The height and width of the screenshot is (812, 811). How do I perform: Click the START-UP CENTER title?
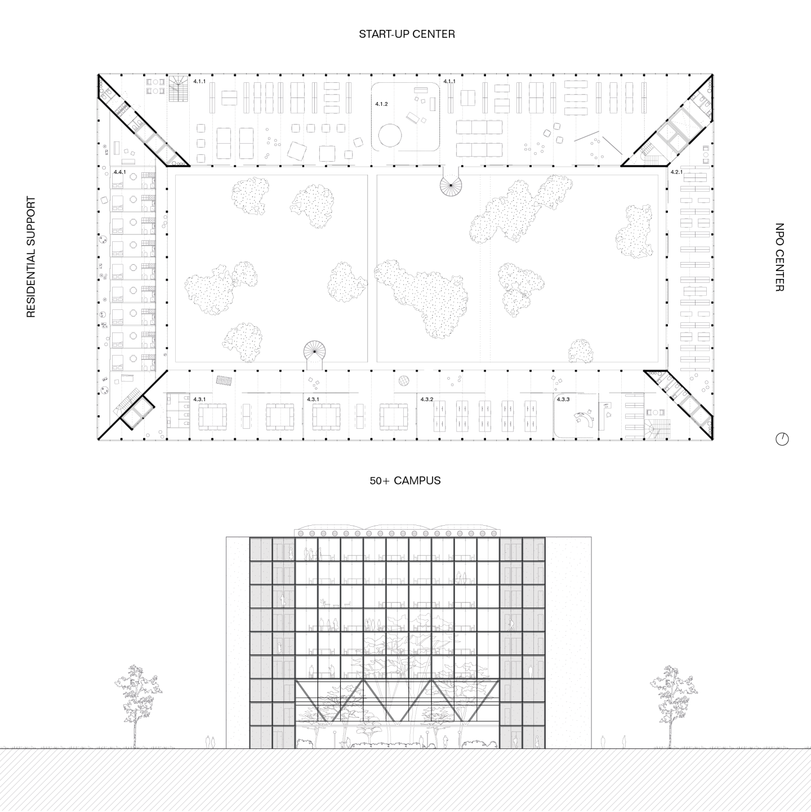point(407,34)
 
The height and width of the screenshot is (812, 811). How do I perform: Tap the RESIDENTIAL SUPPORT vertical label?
point(31,256)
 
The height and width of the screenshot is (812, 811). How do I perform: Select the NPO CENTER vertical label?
point(779,257)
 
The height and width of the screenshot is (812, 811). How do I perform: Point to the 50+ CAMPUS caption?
point(405,481)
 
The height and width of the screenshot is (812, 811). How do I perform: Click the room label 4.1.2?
point(381,104)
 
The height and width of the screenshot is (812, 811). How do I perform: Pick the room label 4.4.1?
point(119,172)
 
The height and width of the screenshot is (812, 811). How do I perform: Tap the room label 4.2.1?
point(676,172)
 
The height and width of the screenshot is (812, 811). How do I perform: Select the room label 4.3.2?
point(427,399)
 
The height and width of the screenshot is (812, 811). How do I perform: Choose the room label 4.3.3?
point(563,399)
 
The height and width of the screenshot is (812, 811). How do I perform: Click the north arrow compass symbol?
point(782,439)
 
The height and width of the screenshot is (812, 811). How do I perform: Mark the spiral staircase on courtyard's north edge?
point(451,185)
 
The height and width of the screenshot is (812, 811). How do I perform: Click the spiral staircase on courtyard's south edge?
point(315,352)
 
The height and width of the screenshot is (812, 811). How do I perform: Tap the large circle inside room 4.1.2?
point(390,135)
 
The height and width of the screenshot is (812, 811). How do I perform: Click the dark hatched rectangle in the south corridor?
point(224,380)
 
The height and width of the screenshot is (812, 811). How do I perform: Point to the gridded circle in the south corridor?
point(404,381)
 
